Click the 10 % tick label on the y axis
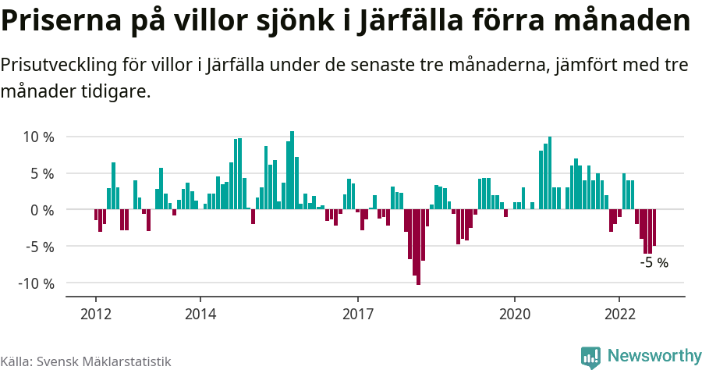(37, 137)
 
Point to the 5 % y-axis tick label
(41, 173)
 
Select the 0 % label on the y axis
(41, 210)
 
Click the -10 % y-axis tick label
(36, 283)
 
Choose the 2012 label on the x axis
(95, 314)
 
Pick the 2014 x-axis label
(200, 314)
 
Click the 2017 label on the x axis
(357, 314)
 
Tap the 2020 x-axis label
(515, 314)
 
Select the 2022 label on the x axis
(619, 314)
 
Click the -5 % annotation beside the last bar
(654, 263)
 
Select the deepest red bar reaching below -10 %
(418, 247)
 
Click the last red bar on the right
(654, 228)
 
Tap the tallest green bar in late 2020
(550, 173)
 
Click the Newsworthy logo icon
(590, 357)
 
